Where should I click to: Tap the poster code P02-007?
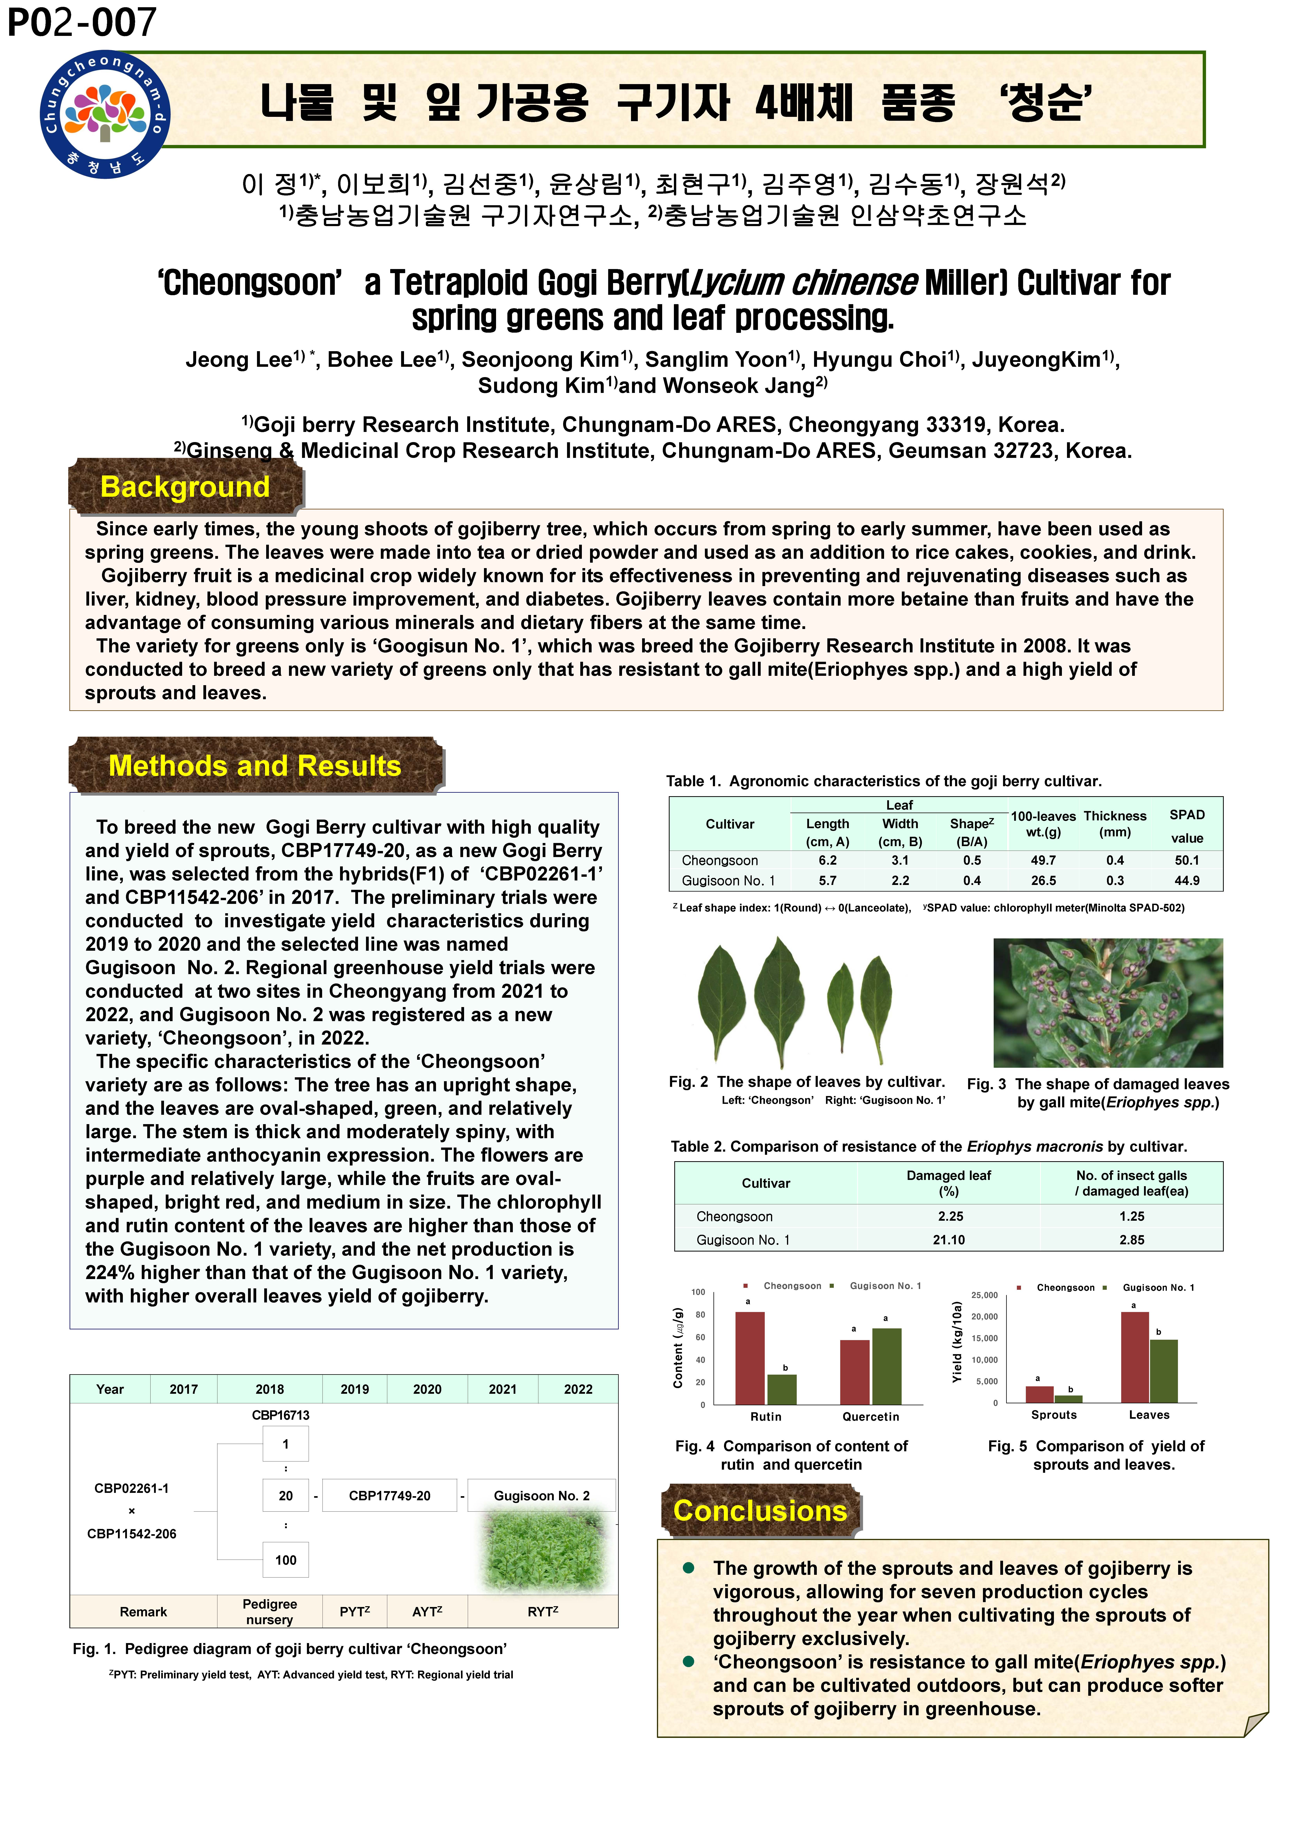click(82, 22)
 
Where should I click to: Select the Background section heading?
click(185, 487)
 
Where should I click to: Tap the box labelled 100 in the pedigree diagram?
click(286, 1560)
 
